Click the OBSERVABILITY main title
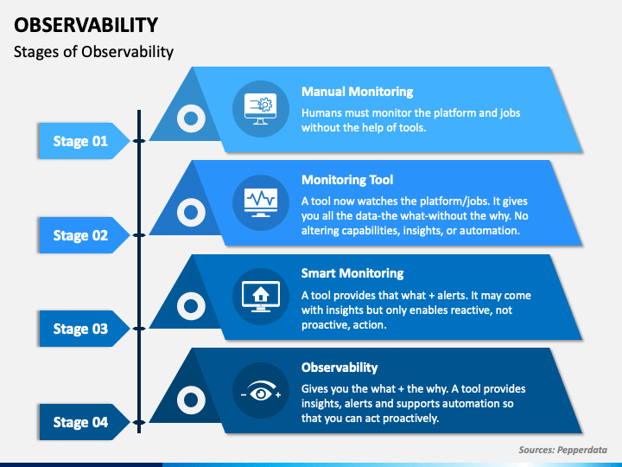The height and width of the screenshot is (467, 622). tap(86, 24)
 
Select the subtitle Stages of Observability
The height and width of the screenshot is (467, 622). tap(93, 52)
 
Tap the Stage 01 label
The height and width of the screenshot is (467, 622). tap(80, 141)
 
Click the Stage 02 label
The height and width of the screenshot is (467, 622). tap(80, 235)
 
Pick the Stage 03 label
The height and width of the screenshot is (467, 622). tap(80, 329)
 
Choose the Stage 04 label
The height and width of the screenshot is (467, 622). tap(80, 422)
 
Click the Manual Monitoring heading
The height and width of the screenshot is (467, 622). tap(357, 92)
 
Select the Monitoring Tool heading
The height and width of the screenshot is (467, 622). tap(347, 180)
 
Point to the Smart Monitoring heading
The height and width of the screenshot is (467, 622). tap(352, 273)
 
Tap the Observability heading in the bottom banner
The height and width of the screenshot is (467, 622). tap(340, 367)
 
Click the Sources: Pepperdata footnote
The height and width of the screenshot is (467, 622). tap(562, 450)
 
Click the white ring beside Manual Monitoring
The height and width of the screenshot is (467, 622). tap(189, 118)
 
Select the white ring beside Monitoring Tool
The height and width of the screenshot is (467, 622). tap(189, 212)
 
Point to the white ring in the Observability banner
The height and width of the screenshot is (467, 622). tap(189, 400)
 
